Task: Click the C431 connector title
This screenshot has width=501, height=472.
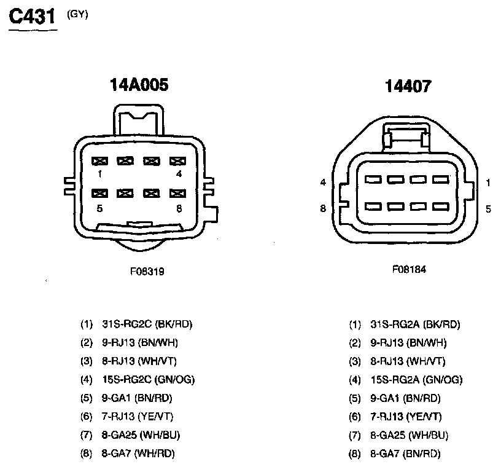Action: (x=32, y=16)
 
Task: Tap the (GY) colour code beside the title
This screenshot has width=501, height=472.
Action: (x=78, y=14)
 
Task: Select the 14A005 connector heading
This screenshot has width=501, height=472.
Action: (x=139, y=85)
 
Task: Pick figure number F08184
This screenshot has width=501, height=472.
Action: (x=409, y=269)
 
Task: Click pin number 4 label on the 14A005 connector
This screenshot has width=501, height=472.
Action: (x=179, y=174)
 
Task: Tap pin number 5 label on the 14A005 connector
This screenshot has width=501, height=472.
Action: (x=99, y=208)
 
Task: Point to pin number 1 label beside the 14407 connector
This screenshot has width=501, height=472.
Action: (x=488, y=183)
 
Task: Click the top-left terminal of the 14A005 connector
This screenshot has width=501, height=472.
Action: (x=99, y=161)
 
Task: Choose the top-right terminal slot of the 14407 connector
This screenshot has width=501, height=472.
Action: (x=440, y=179)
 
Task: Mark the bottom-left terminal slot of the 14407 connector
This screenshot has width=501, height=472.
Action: (x=372, y=205)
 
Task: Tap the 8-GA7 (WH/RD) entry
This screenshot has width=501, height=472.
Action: (x=136, y=454)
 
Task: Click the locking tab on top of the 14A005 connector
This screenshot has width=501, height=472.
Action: (x=139, y=121)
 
